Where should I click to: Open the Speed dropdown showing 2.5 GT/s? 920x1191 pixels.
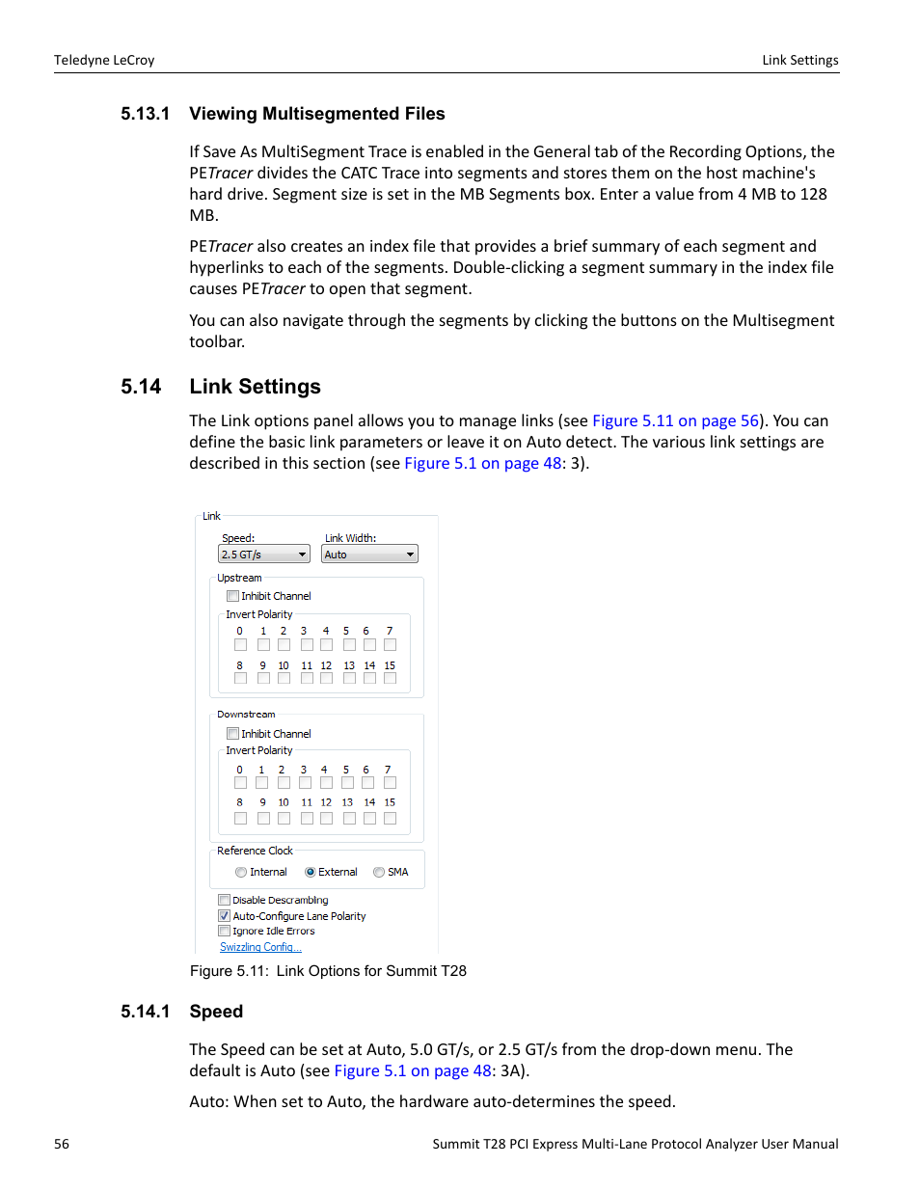(263, 555)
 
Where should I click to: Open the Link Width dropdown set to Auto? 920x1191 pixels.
(370, 555)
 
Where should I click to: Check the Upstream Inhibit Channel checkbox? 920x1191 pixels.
(232, 596)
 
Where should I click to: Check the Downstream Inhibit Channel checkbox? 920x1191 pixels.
(232, 734)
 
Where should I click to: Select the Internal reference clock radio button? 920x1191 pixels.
(241, 873)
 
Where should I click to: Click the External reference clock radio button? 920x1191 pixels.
(310, 873)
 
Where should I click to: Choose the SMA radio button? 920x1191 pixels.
(379, 873)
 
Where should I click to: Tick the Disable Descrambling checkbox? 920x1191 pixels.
(224, 901)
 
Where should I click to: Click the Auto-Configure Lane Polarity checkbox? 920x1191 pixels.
(224, 916)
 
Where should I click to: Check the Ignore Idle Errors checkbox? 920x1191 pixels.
(224, 932)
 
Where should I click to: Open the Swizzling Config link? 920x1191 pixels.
(260, 947)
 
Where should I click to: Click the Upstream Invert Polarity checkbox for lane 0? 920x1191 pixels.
(240, 645)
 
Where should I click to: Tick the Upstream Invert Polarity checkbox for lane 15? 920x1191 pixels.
(390, 679)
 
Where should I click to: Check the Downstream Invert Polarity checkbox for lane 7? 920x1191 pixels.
(390, 783)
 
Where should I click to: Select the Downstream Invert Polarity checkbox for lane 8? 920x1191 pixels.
(240, 818)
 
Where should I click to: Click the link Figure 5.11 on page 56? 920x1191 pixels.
(675, 421)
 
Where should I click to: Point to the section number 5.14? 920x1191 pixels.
(141, 387)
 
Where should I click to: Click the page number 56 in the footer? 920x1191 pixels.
(62, 1144)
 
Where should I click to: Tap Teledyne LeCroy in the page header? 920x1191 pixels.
(104, 60)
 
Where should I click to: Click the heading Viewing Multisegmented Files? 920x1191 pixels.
(316, 114)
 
